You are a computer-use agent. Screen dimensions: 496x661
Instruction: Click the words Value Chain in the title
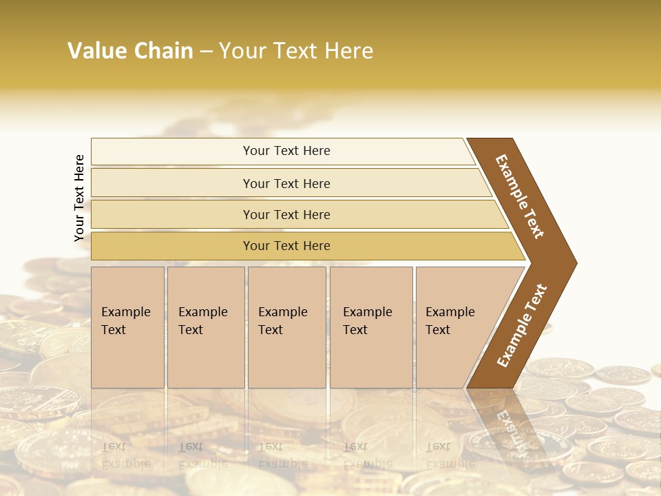[x=130, y=51]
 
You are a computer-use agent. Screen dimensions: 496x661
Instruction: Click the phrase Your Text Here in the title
[x=296, y=51]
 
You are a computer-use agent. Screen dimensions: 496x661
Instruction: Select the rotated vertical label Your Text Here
[x=79, y=198]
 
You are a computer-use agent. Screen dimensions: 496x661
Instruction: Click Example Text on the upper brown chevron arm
[x=520, y=196]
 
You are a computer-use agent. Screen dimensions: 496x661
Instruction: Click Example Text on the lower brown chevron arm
[x=522, y=326]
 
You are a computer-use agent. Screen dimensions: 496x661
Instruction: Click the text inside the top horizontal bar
[x=286, y=151]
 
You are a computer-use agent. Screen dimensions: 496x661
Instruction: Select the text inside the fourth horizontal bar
[x=286, y=246]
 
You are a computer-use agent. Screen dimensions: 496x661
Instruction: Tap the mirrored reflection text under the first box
[x=126, y=455]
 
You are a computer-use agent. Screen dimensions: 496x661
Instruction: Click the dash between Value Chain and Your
[x=206, y=52]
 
